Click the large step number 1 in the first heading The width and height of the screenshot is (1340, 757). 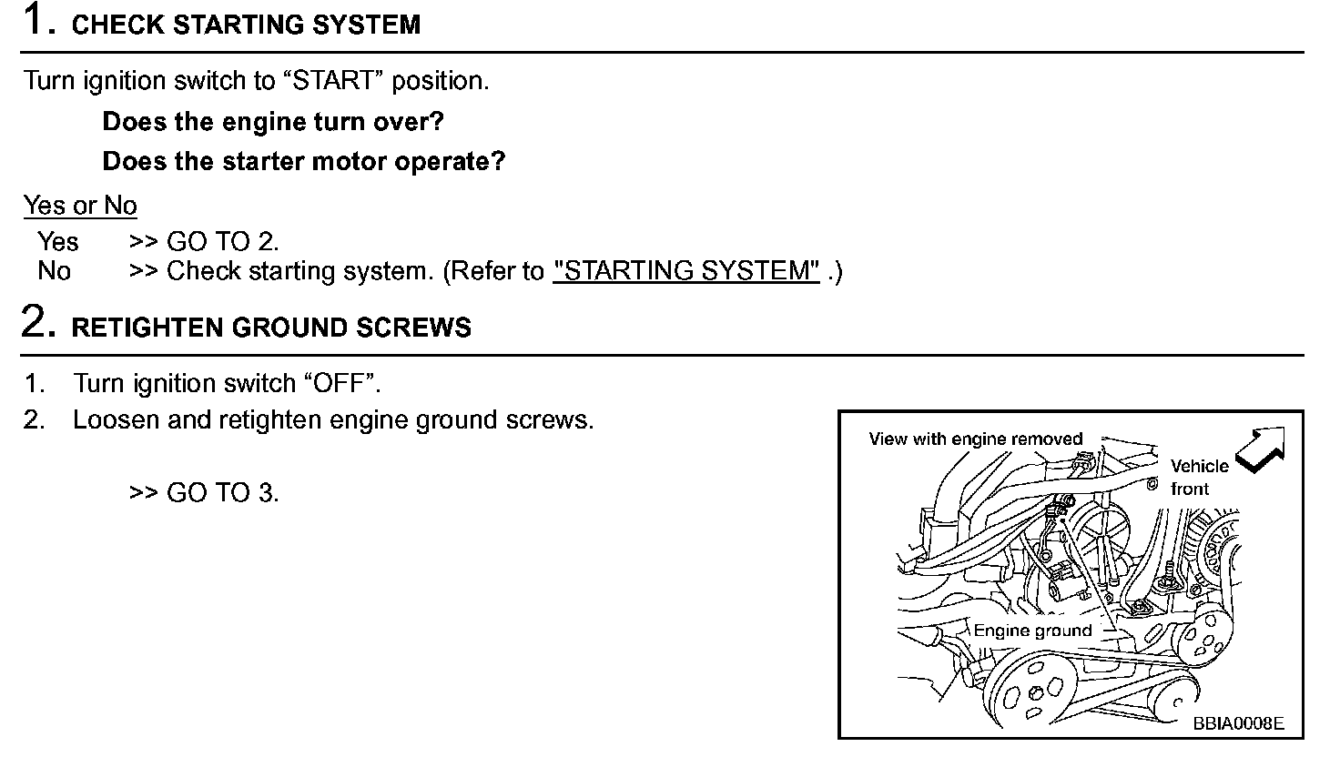(35, 20)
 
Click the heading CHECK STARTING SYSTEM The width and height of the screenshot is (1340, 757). (246, 25)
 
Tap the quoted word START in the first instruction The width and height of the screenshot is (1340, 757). (340, 81)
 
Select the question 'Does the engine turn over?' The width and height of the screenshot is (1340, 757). (273, 122)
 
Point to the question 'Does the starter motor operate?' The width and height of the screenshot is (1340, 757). (303, 162)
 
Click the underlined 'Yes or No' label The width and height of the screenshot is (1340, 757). (80, 206)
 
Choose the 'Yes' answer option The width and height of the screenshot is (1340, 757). (58, 242)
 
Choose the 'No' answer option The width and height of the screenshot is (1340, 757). (55, 271)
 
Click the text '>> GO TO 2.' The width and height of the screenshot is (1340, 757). (204, 242)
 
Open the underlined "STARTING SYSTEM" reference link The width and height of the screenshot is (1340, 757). (686, 271)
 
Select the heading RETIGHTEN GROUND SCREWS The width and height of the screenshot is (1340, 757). (271, 328)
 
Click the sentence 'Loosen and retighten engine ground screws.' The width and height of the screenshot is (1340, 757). (333, 420)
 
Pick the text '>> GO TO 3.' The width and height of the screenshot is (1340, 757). (204, 493)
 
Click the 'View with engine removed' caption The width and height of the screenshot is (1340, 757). (975, 439)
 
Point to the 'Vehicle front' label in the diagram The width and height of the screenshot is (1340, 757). (1198, 477)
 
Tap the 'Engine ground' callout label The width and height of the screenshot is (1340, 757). (1032, 631)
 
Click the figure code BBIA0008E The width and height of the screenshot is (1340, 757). (1238, 723)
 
